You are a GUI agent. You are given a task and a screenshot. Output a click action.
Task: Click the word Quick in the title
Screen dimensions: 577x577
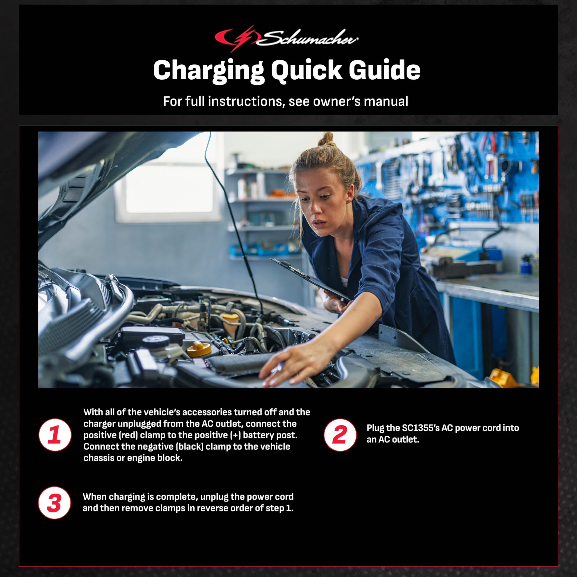point(306,70)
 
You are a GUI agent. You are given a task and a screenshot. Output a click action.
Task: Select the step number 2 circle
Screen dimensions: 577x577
point(340,435)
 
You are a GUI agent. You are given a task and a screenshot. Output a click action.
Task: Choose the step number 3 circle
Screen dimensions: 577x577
point(54,503)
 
